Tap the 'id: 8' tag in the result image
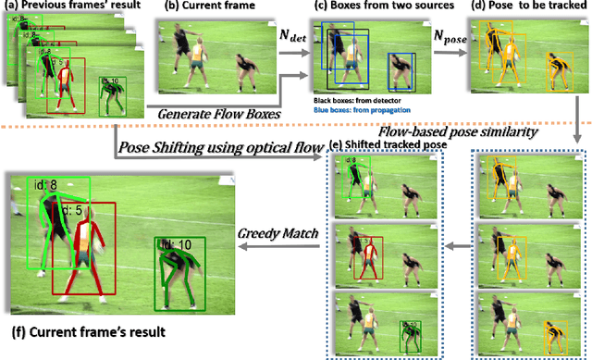pos(47,185)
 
